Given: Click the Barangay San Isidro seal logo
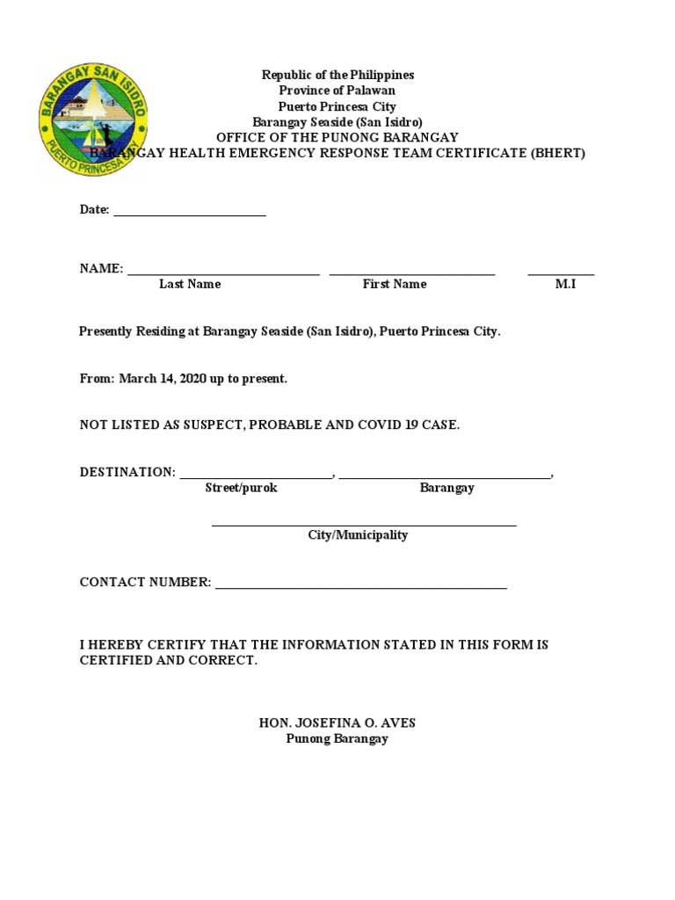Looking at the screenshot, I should (92, 118).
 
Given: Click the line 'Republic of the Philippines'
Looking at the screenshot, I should (337, 75).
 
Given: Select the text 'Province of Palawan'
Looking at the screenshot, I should (337, 91).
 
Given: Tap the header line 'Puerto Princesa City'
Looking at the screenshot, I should (337, 106).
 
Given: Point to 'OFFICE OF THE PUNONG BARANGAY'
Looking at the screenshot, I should (337, 137).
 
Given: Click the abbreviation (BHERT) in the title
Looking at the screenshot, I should (557, 153).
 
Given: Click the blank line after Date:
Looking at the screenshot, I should (190, 212).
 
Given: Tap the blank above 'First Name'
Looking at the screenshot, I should (412, 272).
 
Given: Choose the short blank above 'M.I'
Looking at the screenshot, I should (561, 272).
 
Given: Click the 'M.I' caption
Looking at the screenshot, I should (565, 284).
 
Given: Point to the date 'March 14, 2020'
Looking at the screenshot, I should (162, 379).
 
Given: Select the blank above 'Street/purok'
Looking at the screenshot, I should (256, 475).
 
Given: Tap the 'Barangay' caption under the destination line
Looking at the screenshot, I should (446, 488).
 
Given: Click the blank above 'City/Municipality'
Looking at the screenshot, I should (364, 522).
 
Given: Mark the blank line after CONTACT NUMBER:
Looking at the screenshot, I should (361, 584).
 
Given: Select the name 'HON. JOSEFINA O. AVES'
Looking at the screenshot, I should (337, 723).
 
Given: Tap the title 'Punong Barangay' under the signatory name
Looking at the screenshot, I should (337, 739).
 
